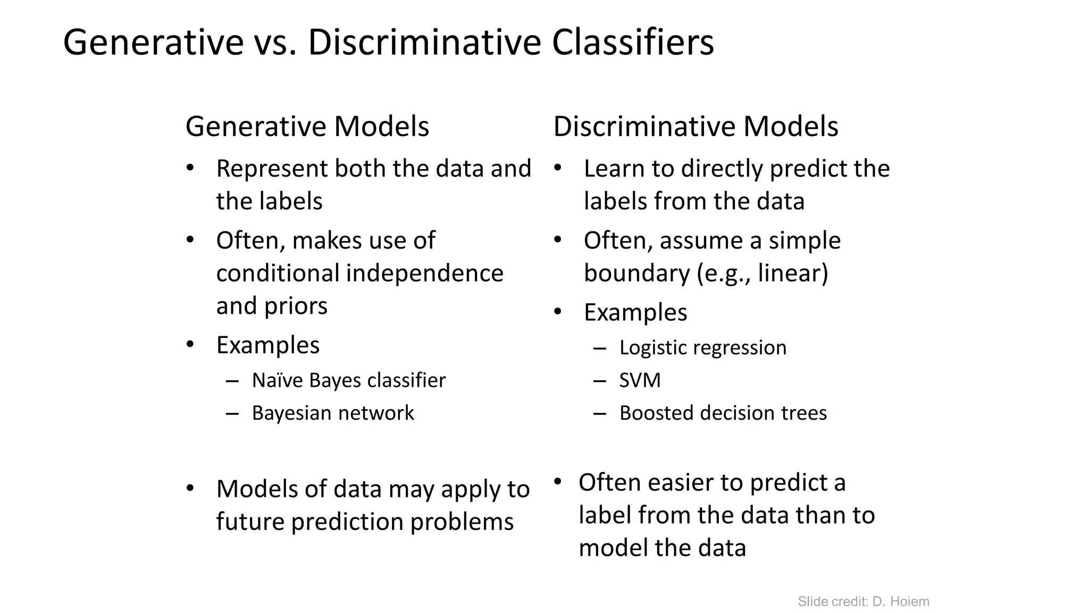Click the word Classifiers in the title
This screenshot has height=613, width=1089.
tap(632, 43)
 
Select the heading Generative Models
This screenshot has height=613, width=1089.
tap(307, 127)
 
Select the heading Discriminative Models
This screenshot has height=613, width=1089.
tap(696, 127)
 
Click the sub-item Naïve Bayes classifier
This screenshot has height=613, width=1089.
tap(348, 380)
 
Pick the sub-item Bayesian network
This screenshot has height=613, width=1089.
tap(332, 413)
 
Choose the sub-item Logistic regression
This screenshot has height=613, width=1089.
tap(702, 347)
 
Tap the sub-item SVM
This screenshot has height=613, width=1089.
tap(640, 380)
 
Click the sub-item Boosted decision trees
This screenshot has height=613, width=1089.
tap(723, 413)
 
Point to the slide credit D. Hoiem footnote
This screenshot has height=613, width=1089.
tap(863, 602)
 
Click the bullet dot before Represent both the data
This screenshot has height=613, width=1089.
tap(190, 168)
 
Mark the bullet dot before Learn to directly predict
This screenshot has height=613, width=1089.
tap(557, 168)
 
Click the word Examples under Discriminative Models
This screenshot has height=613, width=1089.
tap(635, 312)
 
